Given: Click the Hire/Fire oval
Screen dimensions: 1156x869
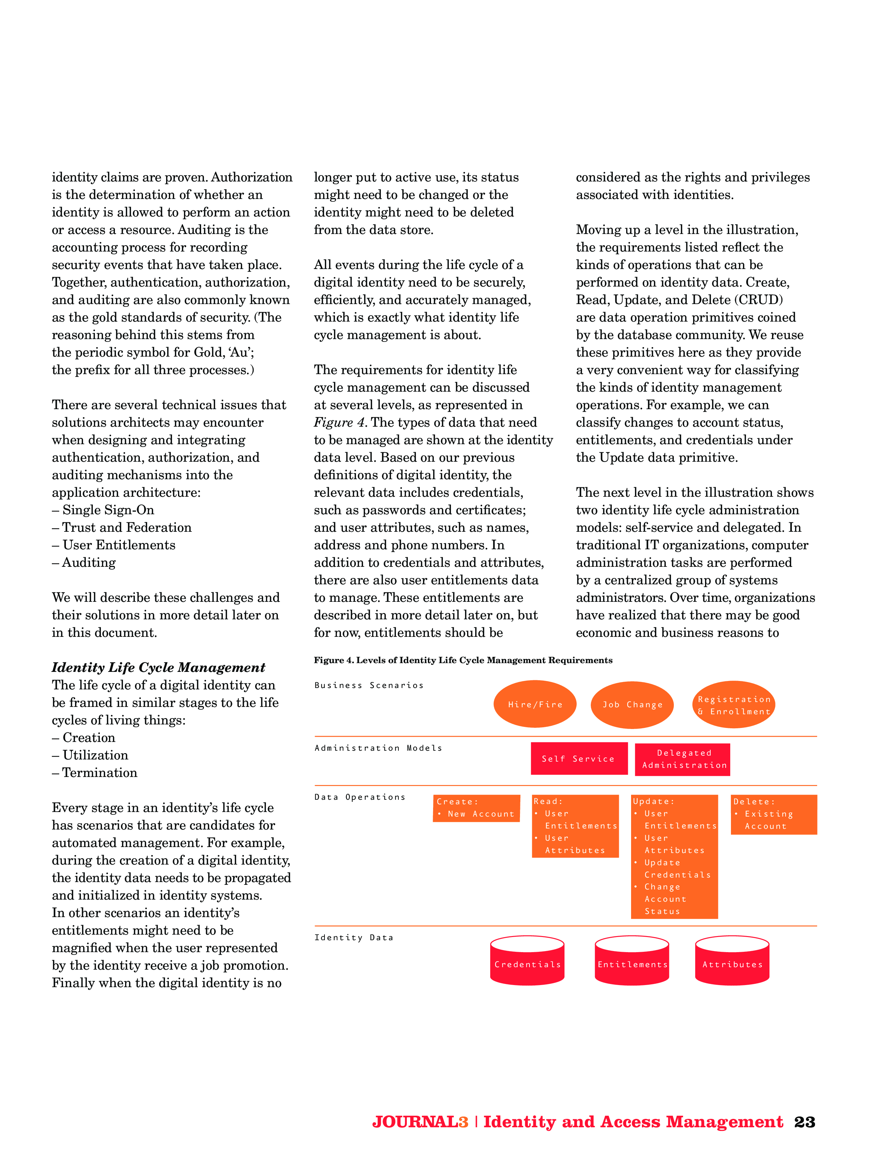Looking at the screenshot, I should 534,704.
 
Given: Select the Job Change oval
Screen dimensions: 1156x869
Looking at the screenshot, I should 632,704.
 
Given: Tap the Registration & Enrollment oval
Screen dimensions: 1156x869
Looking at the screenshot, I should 734,704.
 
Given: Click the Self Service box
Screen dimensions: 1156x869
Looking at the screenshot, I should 579,758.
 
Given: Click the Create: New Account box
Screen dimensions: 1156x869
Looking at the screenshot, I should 476,808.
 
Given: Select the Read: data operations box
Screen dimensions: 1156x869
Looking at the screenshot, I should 575,826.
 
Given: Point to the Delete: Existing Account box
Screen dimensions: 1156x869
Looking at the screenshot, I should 773,814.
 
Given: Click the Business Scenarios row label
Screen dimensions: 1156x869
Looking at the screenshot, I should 369,685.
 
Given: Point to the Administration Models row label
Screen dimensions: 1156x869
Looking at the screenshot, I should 378,748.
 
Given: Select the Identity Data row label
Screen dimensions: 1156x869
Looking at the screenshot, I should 354,937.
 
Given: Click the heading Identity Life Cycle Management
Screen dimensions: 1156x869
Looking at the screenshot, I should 158,667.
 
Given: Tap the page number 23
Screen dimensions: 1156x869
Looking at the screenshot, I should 804,1122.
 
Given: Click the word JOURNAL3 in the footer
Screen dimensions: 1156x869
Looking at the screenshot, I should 420,1122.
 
